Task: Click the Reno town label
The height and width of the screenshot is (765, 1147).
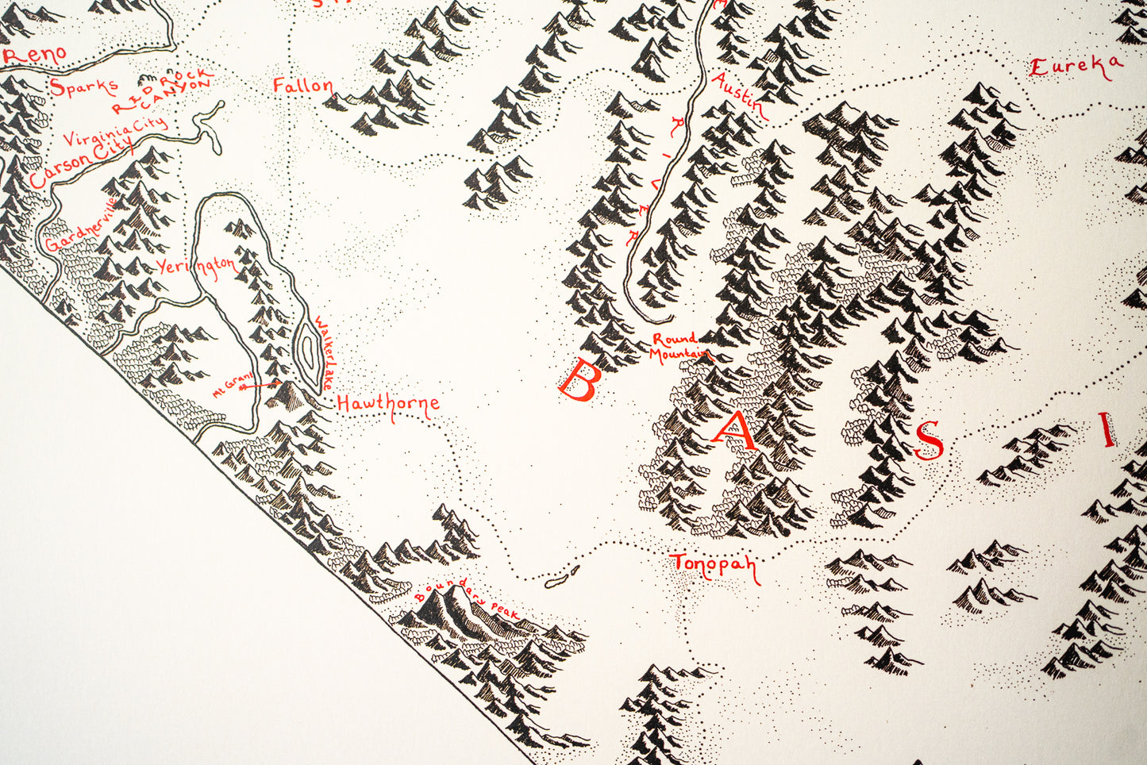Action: point(36,56)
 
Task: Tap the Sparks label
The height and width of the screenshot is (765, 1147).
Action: point(83,86)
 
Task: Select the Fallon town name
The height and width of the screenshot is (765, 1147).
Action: point(302,86)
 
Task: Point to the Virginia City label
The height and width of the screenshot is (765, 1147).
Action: point(116,132)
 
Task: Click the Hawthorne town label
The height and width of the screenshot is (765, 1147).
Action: point(388,404)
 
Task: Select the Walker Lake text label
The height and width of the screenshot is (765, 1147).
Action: point(325,352)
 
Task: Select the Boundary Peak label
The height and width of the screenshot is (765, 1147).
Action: point(468,598)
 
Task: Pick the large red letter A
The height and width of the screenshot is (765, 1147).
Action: point(735,432)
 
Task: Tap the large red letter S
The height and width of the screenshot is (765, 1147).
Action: point(929,440)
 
